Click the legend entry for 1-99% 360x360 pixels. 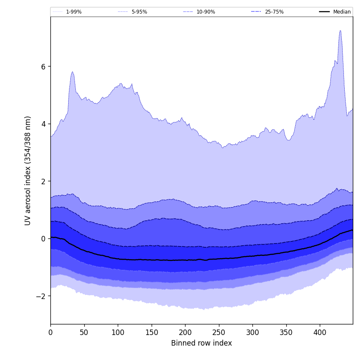73,12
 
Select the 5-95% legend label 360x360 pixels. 139,12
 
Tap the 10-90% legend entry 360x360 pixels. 205,12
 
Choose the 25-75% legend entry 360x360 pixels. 274,12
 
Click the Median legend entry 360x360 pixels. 342,12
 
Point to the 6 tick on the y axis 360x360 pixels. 43,66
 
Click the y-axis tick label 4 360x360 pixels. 43,124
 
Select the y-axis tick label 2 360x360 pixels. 43,181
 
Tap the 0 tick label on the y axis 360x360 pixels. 43,239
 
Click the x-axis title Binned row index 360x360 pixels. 202,343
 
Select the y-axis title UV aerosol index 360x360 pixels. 28,170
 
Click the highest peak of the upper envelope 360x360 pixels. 340,30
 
